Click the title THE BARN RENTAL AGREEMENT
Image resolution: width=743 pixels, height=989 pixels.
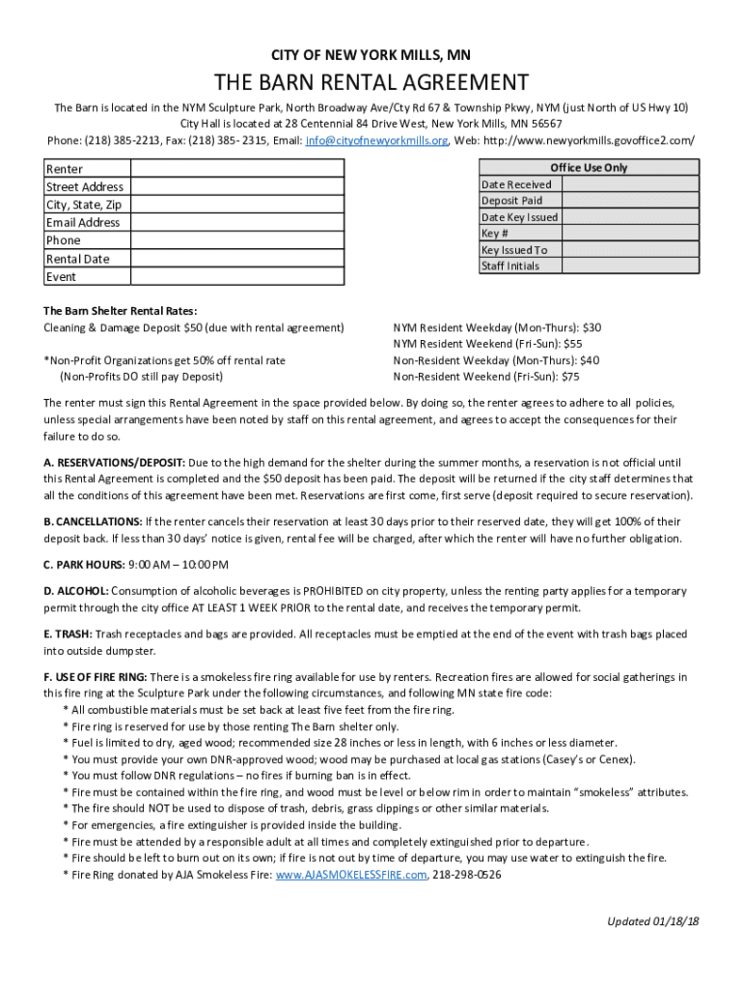pyautogui.click(x=371, y=83)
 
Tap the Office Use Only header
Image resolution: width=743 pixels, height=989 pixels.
pyautogui.click(x=589, y=167)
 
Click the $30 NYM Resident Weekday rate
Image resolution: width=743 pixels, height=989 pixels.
pyautogui.click(x=592, y=328)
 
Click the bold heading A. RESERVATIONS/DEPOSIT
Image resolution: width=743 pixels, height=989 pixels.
pyautogui.click(x=115, y=462)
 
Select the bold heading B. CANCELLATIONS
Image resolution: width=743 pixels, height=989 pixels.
pyautogui.click(x=93, y=523)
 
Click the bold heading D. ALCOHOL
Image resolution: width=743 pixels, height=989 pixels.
pyautogui.click(x=76, y=591)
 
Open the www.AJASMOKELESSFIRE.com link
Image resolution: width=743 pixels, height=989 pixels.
pyautogui.click(x=350, y=875)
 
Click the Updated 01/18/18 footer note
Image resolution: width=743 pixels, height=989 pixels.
pyautogui.click(x=652, y=921)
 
